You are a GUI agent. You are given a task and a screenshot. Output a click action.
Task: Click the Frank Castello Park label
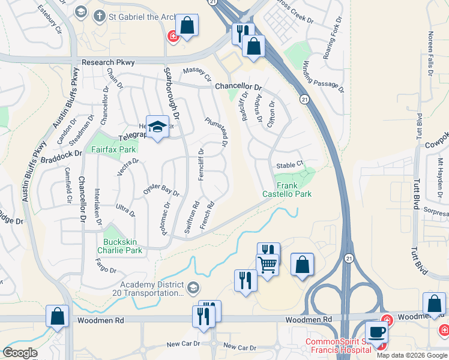287,190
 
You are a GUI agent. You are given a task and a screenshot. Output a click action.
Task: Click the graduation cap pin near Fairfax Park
157,127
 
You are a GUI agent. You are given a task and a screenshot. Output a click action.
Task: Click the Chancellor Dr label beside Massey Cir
239,86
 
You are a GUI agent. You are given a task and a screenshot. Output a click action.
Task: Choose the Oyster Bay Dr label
161,190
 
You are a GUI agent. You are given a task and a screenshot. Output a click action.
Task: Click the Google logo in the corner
20,353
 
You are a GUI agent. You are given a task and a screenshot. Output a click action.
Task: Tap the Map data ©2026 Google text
412,355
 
